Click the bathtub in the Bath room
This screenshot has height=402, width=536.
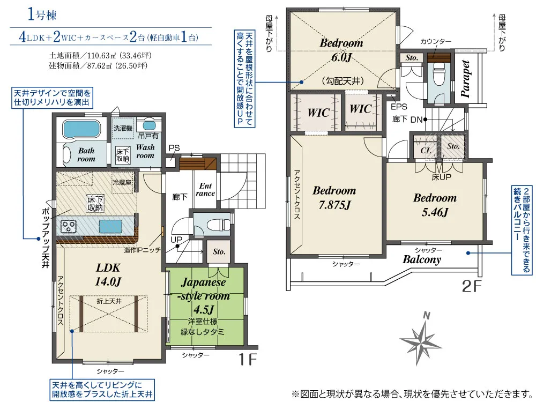click(x=81, y=129)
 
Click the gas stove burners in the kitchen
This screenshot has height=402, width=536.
click(x=69, y=226)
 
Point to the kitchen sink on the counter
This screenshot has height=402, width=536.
click(x=110, y=226)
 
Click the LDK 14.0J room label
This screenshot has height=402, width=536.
click(x=108, y=274)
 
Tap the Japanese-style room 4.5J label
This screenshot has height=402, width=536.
click(x=204, y=296)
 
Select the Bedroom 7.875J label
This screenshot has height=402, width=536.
click(x=334, y=198)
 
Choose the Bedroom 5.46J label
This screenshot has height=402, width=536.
click(x=435, y=205)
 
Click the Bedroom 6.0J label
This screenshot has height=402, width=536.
click(x=341, y=49)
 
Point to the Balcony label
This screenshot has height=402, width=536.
click(x=422, y=259)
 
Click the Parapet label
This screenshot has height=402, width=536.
click(x=465, y=79)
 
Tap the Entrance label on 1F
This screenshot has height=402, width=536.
click(x=205, y=189)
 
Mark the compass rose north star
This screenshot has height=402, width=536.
click(x=423, y=338)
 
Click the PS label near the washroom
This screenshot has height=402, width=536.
click(x=174, y=148)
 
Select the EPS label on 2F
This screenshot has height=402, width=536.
click(x=399, y=107)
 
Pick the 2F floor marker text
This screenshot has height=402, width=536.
click(x=472, y=286)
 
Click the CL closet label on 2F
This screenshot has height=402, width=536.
click(x=426, y=150)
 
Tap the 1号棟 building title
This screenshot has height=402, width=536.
click(x=42, y=15)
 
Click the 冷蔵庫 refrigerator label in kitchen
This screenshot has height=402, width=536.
click(x=122, y=183)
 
